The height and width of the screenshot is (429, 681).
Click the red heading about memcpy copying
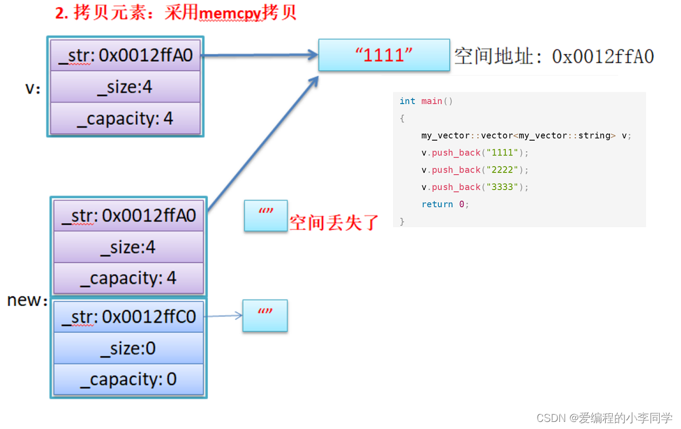(x=176, y=13)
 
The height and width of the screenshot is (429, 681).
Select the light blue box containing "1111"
(x=384, y=55)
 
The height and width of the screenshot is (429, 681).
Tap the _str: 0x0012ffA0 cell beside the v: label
(x=125, y=55)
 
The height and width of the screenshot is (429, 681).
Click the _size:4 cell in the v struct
(x=125, y=87)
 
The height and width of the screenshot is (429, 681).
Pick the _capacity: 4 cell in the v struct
(x=125, y=119)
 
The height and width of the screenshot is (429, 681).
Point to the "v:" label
(x=33, y=88)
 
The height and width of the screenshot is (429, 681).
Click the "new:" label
(x=27, y=300)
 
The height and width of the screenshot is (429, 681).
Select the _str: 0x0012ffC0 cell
(x=128, y=317)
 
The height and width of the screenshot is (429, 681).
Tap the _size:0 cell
(x=128, y=348)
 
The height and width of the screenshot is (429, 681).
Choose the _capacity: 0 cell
(x=128, y=380)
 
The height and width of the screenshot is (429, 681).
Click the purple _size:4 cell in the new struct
(x=128, y=247)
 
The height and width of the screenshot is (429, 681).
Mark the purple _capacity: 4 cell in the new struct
(x=128, y=278)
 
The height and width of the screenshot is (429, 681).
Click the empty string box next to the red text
(x=266, y=215)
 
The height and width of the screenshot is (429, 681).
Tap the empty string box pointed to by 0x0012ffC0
(x=265, y=315)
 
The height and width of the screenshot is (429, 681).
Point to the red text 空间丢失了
(x=333, y=222)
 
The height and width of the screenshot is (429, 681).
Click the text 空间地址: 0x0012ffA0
(x=553, y=56)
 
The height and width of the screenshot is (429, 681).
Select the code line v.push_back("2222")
(x=475, y=170)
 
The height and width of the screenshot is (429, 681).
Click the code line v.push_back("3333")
(x=475, y=187)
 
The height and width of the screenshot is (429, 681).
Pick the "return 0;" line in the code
(x=445, y=204)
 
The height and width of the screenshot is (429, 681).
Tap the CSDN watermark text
(x=604, y=418)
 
